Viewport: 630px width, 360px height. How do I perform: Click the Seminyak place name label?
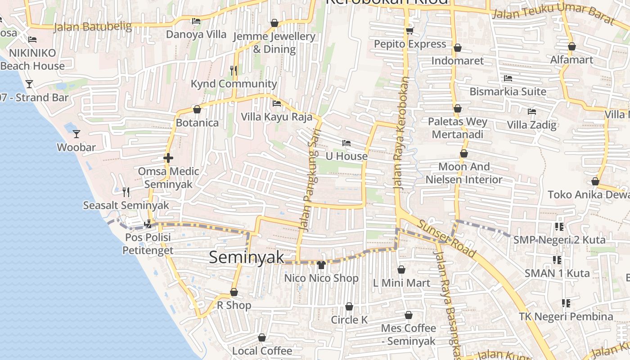[247, 257]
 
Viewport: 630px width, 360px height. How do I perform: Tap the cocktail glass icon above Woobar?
[76, 134]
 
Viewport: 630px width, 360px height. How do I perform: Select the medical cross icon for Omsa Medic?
[168, 158]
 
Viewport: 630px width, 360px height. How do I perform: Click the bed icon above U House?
[346, 143]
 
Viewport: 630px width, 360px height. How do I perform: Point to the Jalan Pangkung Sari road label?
[310, 180]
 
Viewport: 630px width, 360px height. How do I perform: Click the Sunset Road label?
[446, 239]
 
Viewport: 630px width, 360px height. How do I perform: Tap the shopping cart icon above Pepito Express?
[409, 31]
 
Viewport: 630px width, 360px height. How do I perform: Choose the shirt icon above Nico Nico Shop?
[321, 265]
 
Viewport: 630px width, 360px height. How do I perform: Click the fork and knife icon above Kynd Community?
[233, 70]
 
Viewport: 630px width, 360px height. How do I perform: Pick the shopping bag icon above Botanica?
[197, 109]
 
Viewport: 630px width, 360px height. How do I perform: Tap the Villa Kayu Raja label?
[276, 117]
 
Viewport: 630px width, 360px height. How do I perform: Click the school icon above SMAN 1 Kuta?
[557, 260]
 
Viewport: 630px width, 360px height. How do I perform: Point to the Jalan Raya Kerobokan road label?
[400, 132]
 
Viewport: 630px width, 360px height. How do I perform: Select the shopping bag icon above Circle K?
[349, 306]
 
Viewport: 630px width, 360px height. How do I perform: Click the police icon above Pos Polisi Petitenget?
[148, 224]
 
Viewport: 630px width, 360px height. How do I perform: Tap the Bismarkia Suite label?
[508, 92]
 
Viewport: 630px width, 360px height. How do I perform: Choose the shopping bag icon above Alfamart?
[571, 46]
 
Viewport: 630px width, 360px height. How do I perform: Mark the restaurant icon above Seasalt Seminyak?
[126, 192]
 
